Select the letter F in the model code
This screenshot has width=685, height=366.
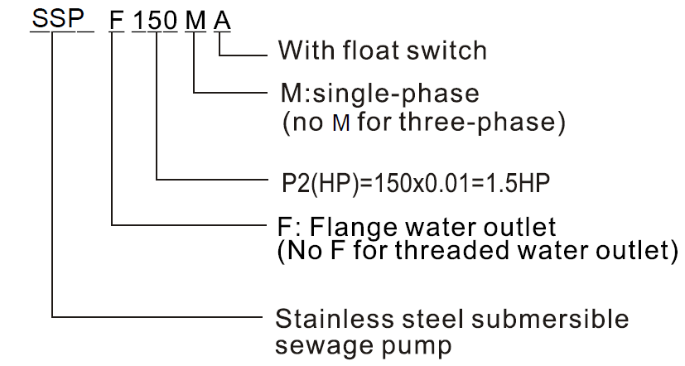118,18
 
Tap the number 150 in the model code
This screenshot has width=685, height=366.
155,18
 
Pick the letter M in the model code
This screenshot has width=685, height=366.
194,18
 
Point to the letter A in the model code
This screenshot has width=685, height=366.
222,18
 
